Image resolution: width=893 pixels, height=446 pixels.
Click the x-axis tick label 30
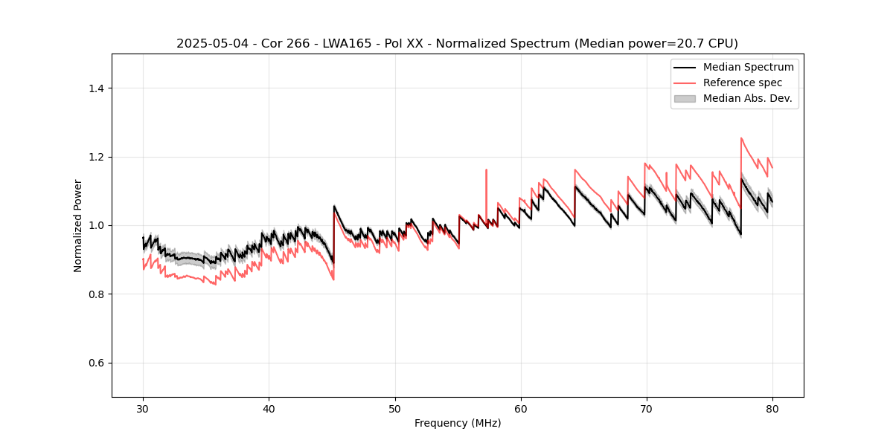143,408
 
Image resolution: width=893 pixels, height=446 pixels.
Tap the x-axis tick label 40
269,408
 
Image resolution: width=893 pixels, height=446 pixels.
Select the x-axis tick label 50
394,408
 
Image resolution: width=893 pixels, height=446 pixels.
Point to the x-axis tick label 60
521,408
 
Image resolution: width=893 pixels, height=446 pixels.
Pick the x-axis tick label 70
647,408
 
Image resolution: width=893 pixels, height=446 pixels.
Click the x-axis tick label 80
772,408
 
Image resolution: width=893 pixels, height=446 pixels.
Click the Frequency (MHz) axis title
458,423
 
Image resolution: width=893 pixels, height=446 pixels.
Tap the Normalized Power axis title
78,225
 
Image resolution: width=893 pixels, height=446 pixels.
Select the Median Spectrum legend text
748,67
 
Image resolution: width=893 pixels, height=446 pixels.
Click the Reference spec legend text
743,83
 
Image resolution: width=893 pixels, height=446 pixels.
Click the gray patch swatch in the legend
684,98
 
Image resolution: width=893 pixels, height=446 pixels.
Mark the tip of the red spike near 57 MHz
486,169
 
